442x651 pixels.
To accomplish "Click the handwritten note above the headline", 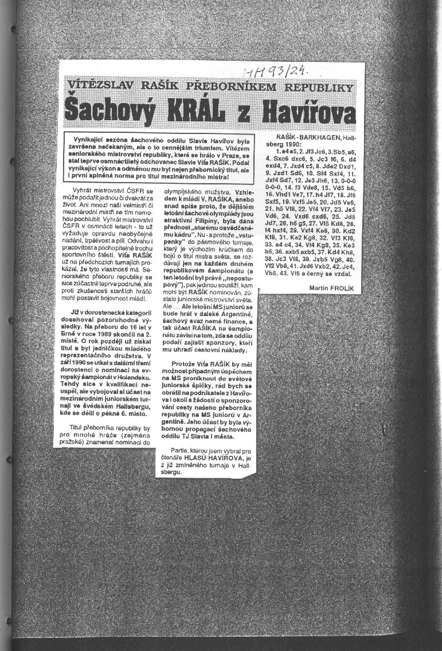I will (276, 72).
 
